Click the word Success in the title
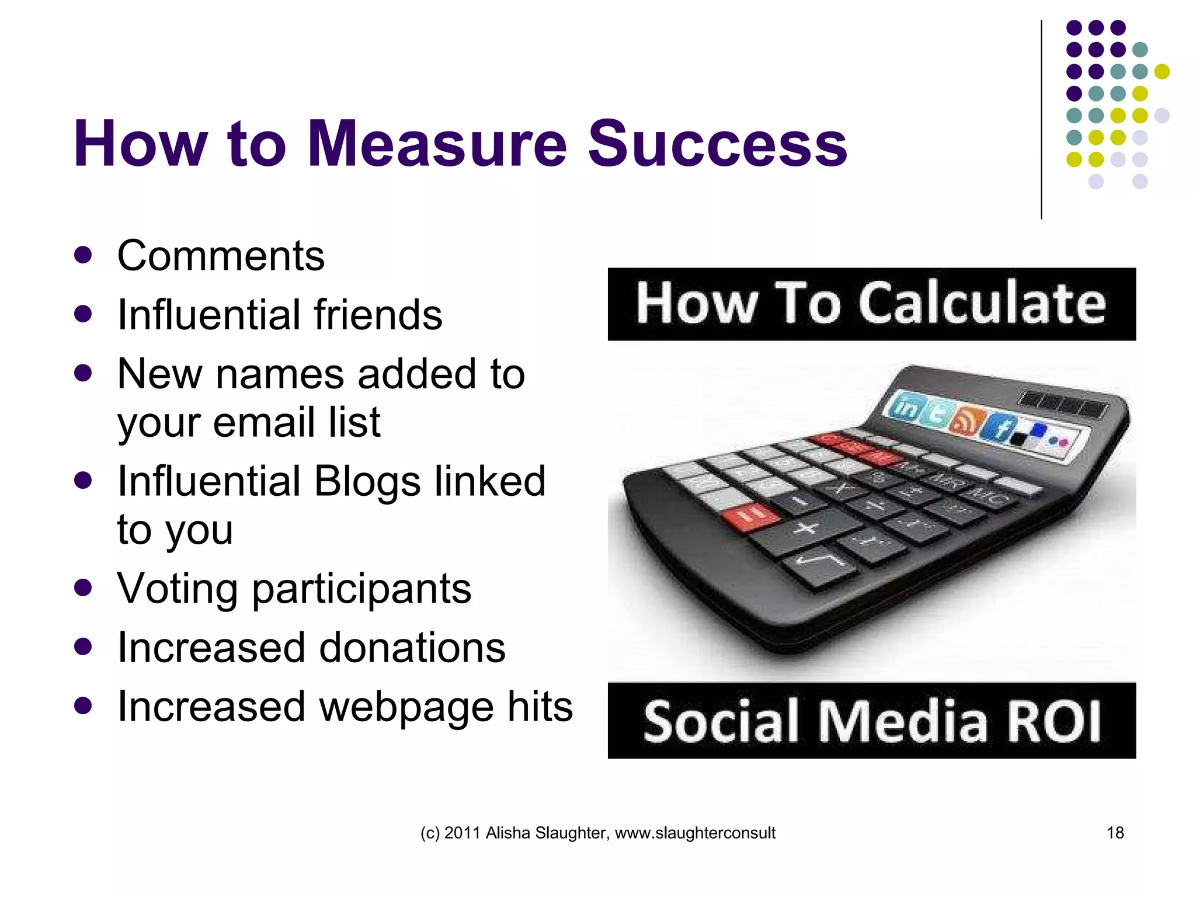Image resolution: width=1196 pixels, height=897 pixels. coord(717,144)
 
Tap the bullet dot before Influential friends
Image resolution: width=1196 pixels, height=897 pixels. coord(84,314)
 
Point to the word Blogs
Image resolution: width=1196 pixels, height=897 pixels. coord(367,481)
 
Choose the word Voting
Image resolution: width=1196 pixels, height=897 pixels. coord(178,588)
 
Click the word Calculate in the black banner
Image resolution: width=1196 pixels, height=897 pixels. coord(982,304)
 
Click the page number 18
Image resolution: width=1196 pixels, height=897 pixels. coord(1115,833)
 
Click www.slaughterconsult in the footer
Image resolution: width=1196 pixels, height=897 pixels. coord(695,833)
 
